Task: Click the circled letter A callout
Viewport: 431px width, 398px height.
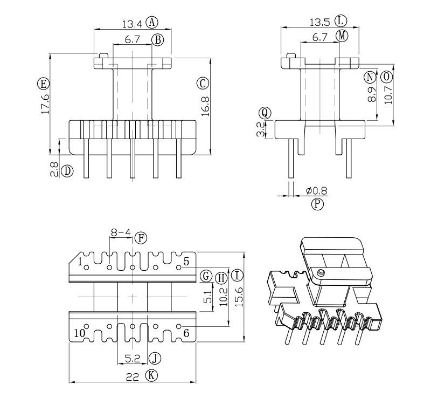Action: point(152,22)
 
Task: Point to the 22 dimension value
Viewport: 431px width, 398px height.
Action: point(131,376)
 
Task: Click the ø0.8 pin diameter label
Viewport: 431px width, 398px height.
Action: point(316,191)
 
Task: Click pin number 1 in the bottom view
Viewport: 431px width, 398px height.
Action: point(80,263)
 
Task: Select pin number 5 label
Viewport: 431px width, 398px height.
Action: point(186,262)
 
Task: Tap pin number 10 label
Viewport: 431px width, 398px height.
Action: point(80,333)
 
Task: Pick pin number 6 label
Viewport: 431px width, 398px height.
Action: point(186,333)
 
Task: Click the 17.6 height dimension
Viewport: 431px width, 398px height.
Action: point(45,104)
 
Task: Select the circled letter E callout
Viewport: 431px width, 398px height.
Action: point(43,84)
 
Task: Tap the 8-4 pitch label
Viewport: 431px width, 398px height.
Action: point(121,233)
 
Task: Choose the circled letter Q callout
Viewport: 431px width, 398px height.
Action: point(264,113)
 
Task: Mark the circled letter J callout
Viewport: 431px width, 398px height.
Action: point(155,358)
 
